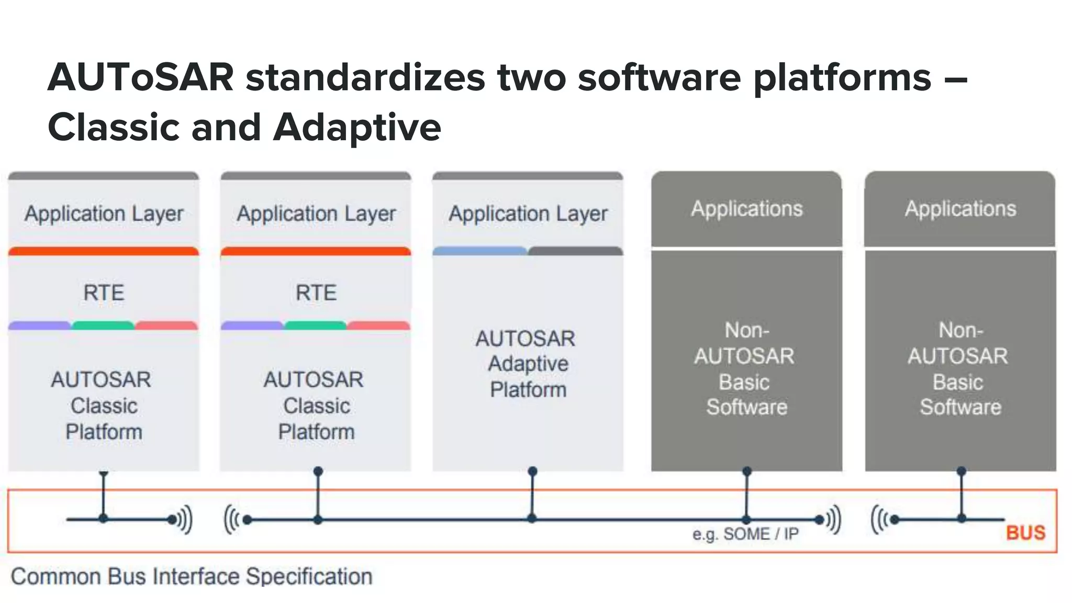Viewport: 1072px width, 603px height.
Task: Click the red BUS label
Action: (x=1025, y=532)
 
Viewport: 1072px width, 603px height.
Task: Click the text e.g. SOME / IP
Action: (x=745, y=534)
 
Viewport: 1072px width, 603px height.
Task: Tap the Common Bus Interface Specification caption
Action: (x=192, y=576)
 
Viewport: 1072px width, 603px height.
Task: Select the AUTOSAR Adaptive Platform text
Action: (x=527, y=364)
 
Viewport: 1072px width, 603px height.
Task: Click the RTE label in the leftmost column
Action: (x=104, y=293)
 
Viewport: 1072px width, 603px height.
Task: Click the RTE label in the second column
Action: (x=316, y=293)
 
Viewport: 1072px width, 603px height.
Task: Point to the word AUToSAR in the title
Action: (x=140, y=77)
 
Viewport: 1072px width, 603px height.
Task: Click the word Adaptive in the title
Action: (x=358, y=127)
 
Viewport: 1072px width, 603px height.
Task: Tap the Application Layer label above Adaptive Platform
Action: (x=528, y=214)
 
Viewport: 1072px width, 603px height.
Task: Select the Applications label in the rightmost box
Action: (x=960, y=209)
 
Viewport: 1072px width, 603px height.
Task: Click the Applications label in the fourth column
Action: (x=746, y=209)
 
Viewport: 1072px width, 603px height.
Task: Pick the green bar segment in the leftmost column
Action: (x=103, y=326)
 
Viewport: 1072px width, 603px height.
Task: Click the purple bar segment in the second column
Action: (x=252, y=326)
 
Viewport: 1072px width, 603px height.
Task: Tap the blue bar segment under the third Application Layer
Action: (x=479, y=251)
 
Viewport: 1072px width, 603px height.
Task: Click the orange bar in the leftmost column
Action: (x=104, y=251)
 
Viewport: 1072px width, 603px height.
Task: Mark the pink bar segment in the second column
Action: (x=378, y=326)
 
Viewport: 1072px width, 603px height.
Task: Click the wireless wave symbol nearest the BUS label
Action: (x=879, y=519)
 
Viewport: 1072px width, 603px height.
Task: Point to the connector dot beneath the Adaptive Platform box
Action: (x=532, y=471)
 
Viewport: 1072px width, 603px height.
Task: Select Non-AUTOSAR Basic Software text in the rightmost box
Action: (x=960, y=368)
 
